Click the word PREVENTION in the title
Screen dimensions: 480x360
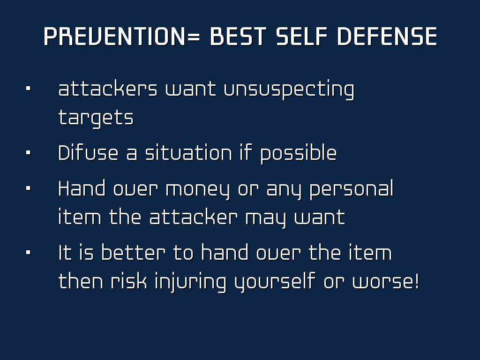(114, 37)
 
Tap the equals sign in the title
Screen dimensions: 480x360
(193, 37)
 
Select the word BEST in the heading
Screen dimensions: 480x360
(238, 37)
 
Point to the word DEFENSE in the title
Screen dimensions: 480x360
(387, 37)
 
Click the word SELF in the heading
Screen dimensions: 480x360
(301, 37)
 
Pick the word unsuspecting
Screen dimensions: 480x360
(289, 90)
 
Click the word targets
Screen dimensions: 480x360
(96, 118)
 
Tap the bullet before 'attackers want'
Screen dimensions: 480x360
(29, 89)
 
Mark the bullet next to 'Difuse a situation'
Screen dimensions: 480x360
(29, 152)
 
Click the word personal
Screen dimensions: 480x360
(352, 189)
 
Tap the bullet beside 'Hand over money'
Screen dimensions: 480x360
(29, 188)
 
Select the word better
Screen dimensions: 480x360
(133, 253)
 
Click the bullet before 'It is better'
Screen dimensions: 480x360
(29, 253)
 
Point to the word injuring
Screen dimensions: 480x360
(190, 282)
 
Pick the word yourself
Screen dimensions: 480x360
(275, 282)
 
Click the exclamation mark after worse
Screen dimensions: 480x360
(416, 280)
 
